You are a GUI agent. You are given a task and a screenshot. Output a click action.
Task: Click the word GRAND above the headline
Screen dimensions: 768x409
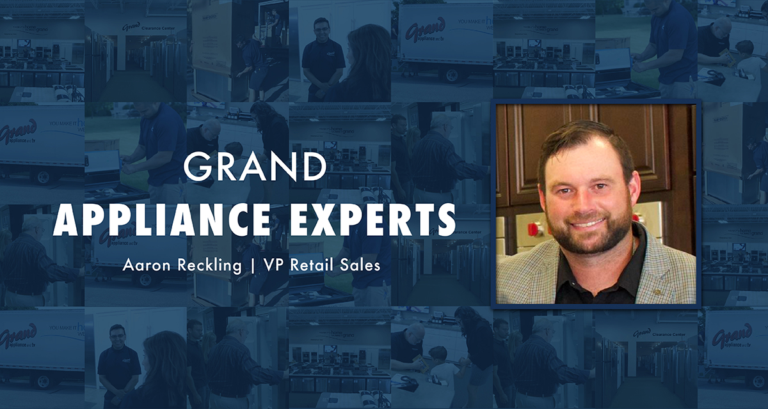[255, 167]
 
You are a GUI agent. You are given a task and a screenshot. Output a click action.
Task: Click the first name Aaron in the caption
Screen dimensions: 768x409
[147, 265]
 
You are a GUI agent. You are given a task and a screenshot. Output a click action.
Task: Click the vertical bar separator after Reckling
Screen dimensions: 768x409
[253, 266]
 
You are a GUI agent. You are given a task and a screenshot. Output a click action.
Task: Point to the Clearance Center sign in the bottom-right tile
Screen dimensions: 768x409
[659, 334]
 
